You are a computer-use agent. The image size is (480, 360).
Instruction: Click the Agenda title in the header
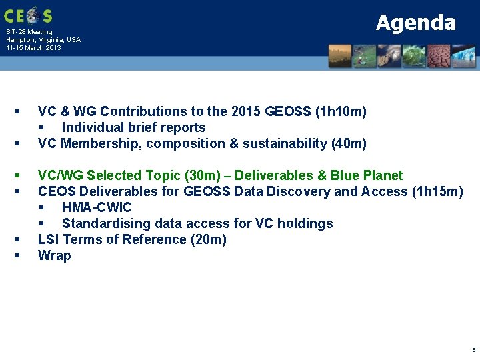415,23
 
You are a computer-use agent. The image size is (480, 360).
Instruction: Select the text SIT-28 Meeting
29,32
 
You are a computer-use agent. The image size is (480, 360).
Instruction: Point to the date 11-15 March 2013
33,48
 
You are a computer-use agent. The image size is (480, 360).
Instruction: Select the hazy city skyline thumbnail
340,56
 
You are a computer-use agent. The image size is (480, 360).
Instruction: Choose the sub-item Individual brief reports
133,127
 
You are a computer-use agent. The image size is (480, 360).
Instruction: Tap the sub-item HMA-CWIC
97,207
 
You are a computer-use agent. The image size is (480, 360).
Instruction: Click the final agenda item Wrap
54,255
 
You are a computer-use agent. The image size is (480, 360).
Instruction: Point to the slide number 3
473,349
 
